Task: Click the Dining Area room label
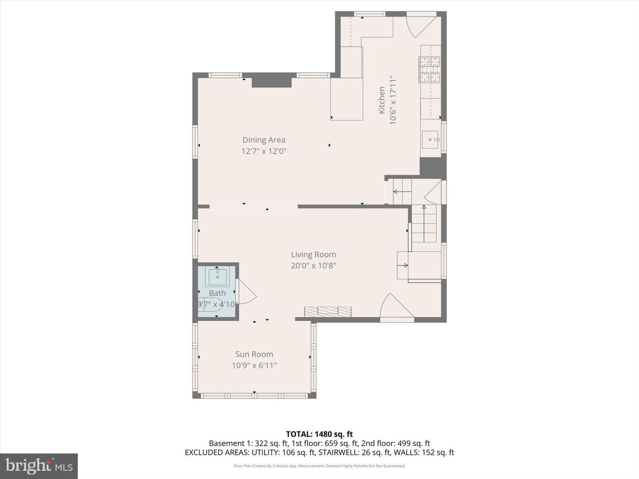point(263,140)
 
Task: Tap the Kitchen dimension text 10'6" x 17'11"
point(393,100)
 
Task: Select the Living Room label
point(313,254)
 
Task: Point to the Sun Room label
point(254,354)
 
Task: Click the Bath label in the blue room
point(217,293)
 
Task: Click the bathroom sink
point(217,277)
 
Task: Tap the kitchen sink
point(430,139)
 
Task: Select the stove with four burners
point(430,70)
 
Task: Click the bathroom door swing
point(247,292)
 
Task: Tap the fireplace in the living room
point(328,311)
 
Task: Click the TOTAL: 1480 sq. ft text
point(319,434)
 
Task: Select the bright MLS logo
point(39,466)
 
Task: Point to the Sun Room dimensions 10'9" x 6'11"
point(254,365)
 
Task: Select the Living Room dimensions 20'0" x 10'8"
point(313,266)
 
